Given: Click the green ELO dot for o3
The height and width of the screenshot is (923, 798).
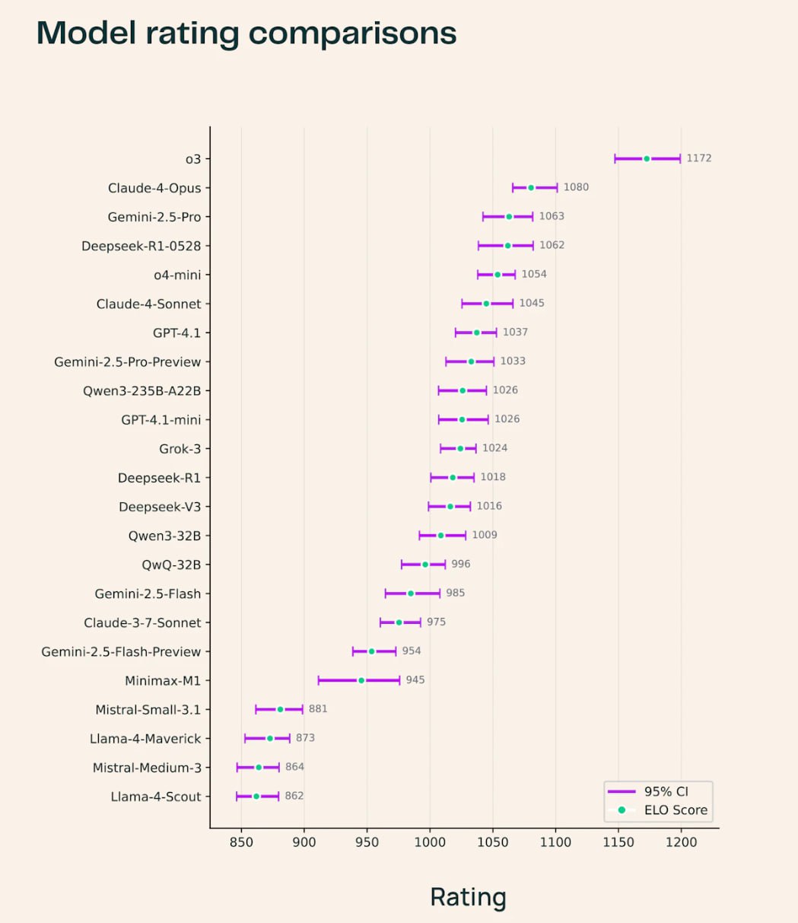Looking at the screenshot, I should click(x=647, y=158).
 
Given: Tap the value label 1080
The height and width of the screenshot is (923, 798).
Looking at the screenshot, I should click(x=576, y=187).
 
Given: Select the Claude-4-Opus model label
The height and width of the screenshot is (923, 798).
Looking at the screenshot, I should click(x=154, y=188).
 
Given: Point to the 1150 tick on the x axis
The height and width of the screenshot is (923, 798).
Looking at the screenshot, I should click(x=618, y=842).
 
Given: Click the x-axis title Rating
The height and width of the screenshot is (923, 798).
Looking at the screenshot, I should click(x=468, y=896).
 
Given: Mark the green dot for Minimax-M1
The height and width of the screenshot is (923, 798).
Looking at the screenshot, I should click(x=361, y=680).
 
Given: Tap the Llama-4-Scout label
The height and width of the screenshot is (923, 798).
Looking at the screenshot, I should click(x=156, y=797).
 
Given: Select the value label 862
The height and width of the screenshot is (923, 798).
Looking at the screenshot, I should click(x=294, y=796).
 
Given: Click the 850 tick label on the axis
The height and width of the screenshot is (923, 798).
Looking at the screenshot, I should click(x=241, y=842).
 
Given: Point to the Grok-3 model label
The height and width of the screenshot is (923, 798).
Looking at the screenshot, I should click(x=180, y=449).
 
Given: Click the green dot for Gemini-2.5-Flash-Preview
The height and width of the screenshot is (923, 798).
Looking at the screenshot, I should click(x=371, y=651).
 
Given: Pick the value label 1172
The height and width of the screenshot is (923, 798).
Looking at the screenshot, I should click(x=699, y=158).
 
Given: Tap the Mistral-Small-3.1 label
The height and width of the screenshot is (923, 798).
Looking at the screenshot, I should click(x=148, y=710).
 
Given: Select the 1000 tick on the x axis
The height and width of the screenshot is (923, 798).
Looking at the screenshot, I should click(x=430, y=842).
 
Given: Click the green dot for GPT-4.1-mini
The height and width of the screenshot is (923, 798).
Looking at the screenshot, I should click(x=462, y=419).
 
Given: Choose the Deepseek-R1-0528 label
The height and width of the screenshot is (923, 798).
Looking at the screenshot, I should click(x=141, y=246).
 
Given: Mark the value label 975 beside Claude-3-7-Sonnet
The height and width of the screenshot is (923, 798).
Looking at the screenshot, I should click(x=436, y=622).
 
